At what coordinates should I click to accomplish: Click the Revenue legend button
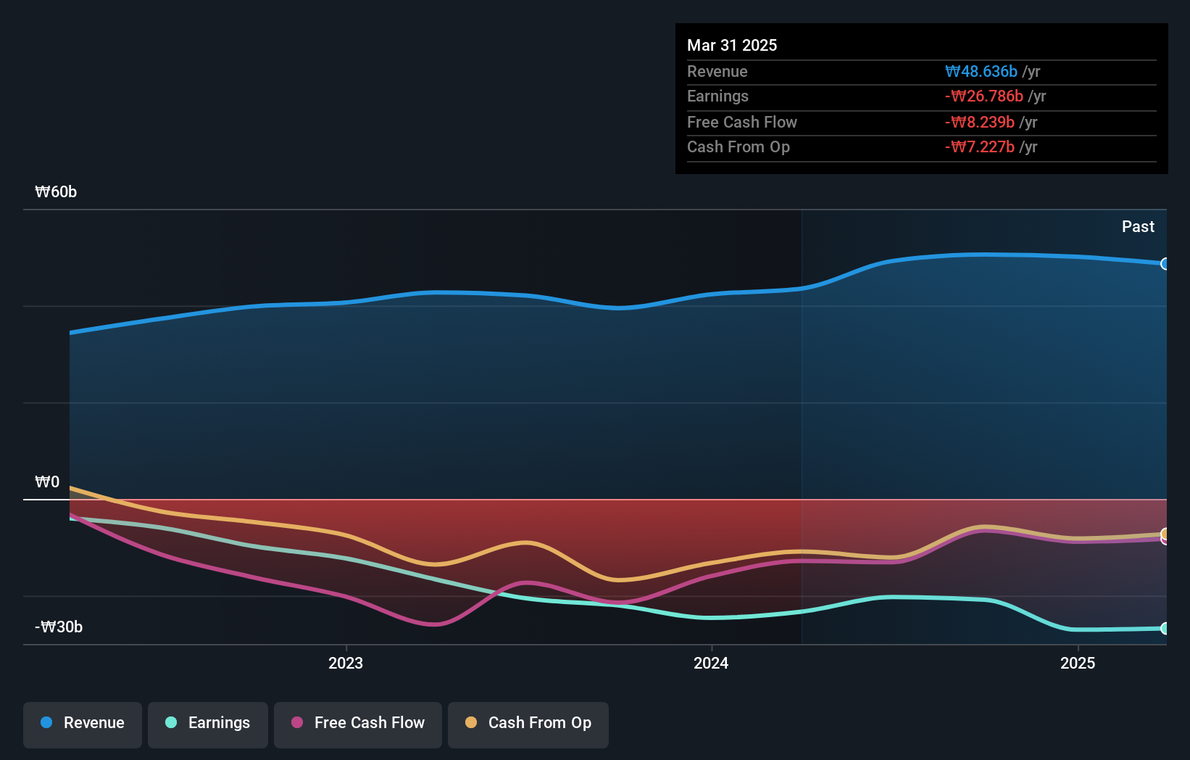click(82, 723)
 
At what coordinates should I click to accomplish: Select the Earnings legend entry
click(207, 723)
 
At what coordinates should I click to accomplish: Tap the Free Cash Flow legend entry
click(357, 723)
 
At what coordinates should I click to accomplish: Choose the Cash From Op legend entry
click(528, 723)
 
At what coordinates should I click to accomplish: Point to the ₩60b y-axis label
click(56, 192)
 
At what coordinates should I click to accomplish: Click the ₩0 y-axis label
click(47, 482)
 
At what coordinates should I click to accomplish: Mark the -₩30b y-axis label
click(59, 627)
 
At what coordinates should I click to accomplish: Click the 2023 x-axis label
click(346, 664)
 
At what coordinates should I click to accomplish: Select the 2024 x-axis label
click(711, 664)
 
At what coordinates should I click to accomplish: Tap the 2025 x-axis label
click(1078, 664)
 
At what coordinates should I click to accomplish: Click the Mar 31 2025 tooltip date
click(732, 46)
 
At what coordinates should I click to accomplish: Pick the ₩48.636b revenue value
click(981, 72)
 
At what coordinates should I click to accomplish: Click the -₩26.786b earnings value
click(984, 96)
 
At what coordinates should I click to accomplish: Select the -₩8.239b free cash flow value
click(980, 123)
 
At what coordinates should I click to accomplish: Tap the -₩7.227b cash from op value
click(980, 147)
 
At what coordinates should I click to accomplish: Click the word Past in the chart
click(1138, 227)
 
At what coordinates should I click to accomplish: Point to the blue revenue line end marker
click(1165, 264)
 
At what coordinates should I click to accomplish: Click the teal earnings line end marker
click(1165, 629)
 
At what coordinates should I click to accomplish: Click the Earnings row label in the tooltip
click(717, 96)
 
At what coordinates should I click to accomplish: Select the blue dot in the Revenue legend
click(46, 723)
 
